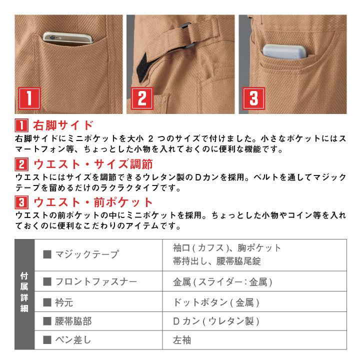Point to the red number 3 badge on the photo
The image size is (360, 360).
click(x=253, y=98)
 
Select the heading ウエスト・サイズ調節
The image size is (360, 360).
click(x=92, y=163)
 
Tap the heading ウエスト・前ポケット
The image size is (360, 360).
click(x=92, y=202)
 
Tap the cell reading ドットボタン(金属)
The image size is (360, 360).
click(x=216, y=302)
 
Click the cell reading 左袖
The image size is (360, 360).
click(x=182, y=341)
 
